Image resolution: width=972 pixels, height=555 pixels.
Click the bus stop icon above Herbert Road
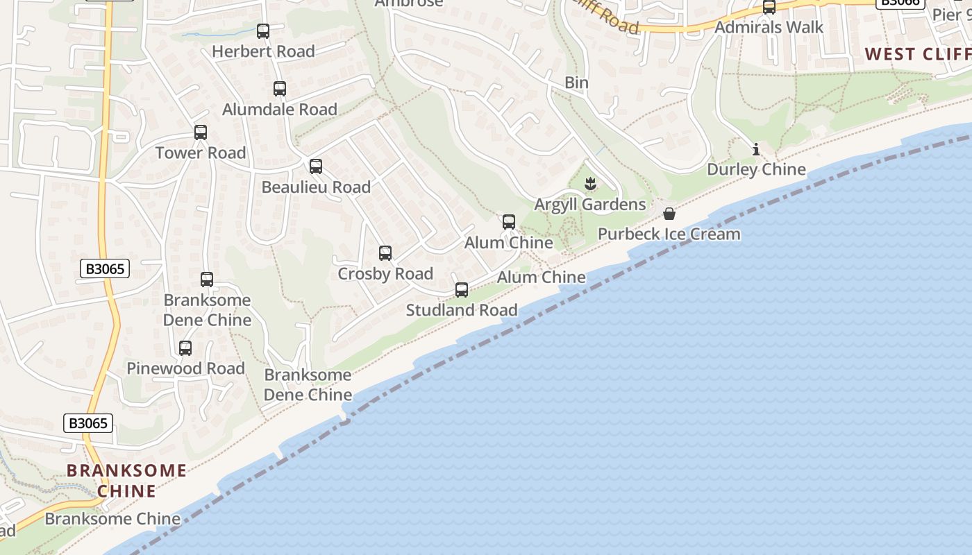[262, 31]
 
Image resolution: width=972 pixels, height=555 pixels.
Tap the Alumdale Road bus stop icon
[279, 89]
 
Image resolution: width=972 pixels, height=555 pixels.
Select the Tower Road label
[201, 153]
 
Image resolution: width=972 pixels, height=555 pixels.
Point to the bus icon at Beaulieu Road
[316, 166]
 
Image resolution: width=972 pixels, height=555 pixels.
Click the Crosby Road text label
[385, 273]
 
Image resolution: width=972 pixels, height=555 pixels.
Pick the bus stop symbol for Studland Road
[462, 290]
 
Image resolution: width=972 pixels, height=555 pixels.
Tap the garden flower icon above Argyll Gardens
[590, 184]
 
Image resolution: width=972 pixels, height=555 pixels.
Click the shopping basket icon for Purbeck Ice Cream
[669, 214]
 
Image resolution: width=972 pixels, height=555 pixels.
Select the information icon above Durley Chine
[756, 149]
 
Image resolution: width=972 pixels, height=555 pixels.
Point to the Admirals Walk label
[769, 27]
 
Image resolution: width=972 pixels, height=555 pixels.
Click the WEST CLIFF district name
[918, 54]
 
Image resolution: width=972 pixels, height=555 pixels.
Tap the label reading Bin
[576, 83]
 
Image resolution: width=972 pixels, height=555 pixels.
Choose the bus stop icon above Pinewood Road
[185, 348]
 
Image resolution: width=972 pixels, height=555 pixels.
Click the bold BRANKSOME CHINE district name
[126, 481]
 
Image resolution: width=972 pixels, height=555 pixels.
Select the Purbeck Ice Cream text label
[669, 234]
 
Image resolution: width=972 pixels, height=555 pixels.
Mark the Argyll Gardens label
[589, 204]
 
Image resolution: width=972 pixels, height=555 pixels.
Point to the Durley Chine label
[756, 169]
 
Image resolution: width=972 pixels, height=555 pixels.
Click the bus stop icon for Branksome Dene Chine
[207, 280]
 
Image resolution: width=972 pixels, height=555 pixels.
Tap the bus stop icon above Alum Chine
[509, 222]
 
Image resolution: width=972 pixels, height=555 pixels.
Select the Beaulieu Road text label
[316, 187]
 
